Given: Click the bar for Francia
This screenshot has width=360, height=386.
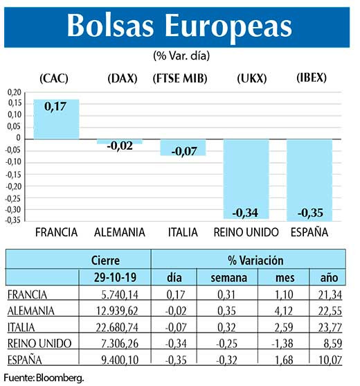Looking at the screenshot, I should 56,119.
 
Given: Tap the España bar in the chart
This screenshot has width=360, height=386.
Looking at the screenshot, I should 309,179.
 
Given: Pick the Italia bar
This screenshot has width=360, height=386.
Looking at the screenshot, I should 183,146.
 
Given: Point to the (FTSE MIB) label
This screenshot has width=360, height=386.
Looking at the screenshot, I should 183,78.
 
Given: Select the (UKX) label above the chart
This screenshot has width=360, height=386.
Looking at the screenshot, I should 247,78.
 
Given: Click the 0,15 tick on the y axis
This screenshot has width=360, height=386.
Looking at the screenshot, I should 14,104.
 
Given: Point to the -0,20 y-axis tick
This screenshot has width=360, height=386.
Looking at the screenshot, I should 13,185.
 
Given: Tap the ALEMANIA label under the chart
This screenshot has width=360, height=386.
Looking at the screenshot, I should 119,231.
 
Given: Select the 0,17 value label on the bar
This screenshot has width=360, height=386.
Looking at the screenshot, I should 55,107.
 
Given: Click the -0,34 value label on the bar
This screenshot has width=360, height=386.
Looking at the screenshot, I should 246,212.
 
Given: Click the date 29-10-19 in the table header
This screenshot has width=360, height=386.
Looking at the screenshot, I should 105,278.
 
